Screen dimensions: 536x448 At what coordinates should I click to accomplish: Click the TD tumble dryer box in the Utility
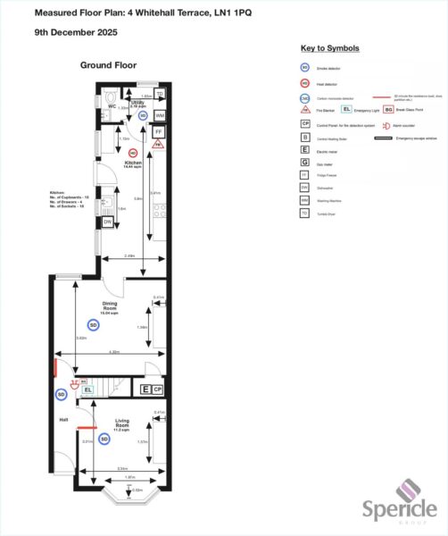(160, 95)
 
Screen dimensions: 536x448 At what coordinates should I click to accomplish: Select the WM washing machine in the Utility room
(160, 116)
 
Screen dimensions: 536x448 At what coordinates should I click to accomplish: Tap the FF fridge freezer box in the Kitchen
(158, 132)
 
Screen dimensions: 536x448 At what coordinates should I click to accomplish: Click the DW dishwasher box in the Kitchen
(107, 222)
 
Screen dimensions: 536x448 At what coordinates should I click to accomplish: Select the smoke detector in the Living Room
(104, 439)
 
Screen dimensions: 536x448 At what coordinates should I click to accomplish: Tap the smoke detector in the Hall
(62, 394)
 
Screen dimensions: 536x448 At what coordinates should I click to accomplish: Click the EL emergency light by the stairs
(87, 389)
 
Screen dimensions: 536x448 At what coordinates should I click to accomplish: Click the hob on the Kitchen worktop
(159, 212)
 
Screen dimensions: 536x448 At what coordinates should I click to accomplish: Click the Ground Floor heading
(108, 65)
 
